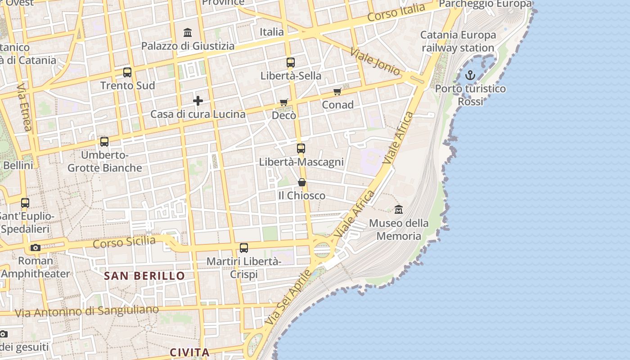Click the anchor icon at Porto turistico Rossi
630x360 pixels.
tap(470, 75)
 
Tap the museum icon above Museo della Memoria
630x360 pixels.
tap(399, 210)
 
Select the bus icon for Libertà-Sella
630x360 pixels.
tap(291, 63)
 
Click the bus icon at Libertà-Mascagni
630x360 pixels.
tap(301, 148)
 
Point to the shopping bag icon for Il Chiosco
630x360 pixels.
tap(302, 182)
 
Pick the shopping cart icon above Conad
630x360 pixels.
tap(337, 92)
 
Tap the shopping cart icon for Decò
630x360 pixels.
tap(284, 103)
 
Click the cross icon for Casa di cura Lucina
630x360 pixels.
tap(198, 101)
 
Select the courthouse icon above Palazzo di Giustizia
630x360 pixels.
tap(188, 32)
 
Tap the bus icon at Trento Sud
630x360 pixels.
tap(127, 72)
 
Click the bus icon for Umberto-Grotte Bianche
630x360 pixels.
tap(104, 142)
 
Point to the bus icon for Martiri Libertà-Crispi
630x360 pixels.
tap(244, 248)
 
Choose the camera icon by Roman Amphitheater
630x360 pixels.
tap(36, 247)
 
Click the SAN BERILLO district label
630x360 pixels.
tap(144, 276)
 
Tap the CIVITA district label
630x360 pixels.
tap(189, 352)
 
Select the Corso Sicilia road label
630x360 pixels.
tap(124, 242)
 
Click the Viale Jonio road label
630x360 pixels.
tap(375, 62)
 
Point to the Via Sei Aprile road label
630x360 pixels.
tap(288, 298)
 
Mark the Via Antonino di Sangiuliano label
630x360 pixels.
tap(87, 311)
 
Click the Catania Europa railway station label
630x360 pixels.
tap(458, 41)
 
